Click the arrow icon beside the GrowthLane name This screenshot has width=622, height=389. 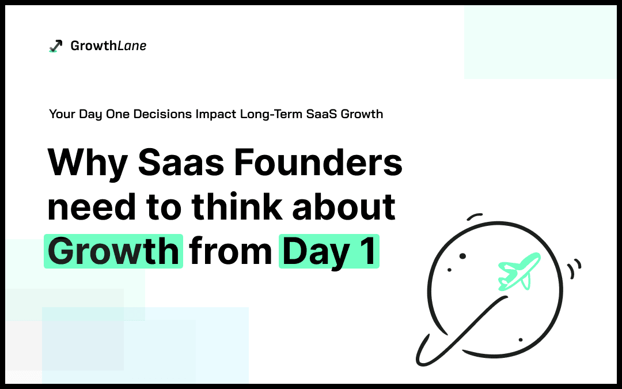tap(55, 46)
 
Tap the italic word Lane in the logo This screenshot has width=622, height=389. tap(132, 46)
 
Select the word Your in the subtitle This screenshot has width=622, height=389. tap(62, 114)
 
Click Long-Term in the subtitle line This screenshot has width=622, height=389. tap(271, 114)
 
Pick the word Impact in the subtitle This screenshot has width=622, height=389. tap(216, 114)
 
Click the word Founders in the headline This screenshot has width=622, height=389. tap(318, 162)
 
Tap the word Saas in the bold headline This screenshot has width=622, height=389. tap(181, 162)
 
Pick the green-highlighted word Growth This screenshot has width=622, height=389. tap(113, 251)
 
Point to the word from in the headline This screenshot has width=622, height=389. tap(230, 251)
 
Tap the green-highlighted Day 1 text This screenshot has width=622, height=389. tap(329, 251)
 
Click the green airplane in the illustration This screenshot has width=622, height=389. tap(519, 271)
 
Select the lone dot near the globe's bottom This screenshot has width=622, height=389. tap(521, 340)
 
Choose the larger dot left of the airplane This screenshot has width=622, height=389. tap(462, 256)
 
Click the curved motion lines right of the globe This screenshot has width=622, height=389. tap(574, 269)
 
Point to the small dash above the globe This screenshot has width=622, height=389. tap(475, 216)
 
